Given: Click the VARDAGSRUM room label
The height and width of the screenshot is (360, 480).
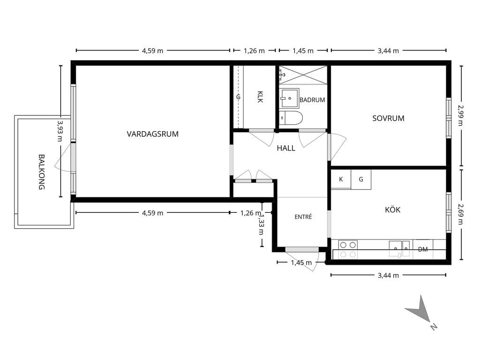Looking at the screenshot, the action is tap(152, 134).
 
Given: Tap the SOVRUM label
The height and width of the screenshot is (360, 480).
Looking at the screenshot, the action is tap(388, 118).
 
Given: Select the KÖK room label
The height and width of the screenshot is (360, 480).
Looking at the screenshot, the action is tap(392, 210).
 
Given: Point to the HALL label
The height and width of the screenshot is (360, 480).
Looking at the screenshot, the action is tap(286, 148).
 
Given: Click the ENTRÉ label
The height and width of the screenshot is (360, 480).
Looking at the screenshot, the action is tap(303, 217).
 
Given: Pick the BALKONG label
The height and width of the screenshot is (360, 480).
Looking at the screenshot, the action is tap(42, 172).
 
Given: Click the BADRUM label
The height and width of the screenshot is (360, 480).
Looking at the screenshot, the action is tap(312, 100).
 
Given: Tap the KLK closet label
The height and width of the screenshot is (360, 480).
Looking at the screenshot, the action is tap(260, 97).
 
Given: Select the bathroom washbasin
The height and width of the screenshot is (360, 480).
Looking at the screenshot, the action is tap(289, 98).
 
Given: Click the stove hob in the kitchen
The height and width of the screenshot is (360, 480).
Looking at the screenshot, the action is tap(348, 249).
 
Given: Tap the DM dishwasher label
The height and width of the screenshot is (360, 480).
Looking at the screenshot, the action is tap(423, 249).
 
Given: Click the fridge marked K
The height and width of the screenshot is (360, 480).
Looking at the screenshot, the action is tap(341, 180).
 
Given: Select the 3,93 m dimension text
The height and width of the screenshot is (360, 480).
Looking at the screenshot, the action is tap(60, 131).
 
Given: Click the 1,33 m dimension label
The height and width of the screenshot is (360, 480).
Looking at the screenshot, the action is tap(261, 225).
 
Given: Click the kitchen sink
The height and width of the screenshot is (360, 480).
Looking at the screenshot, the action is tap(399, 248).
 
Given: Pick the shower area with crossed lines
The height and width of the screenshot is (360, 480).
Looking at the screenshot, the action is tap(303, 75).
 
